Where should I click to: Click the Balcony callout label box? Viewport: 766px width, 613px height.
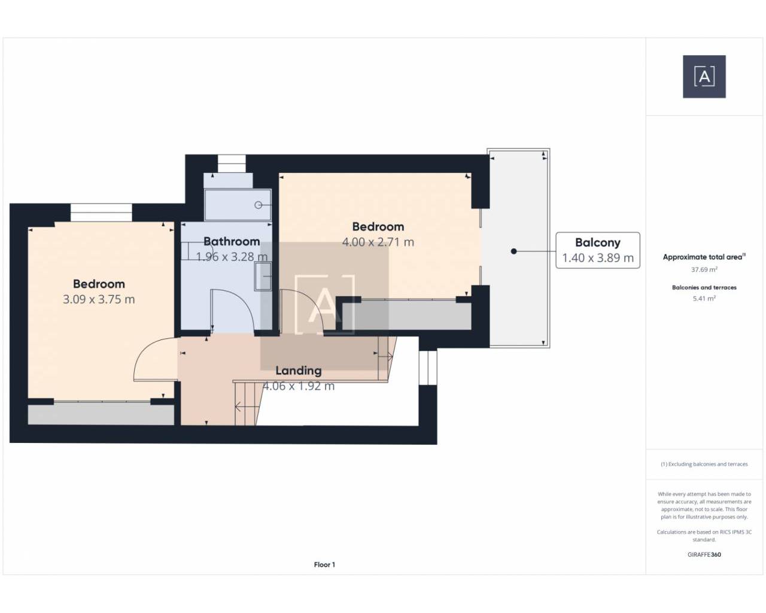[x=598, y=250]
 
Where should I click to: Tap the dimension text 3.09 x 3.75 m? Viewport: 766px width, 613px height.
[x=99, y=299]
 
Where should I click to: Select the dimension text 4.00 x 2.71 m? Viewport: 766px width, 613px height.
[x=378, y=242]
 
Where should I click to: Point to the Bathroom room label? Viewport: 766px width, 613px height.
[x=232, y=241]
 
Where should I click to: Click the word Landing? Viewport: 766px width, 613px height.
[x=299, y=371]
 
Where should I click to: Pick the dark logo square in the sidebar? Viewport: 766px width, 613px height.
[x=704, y=77]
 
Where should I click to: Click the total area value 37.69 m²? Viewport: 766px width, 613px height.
[x=704, y=269]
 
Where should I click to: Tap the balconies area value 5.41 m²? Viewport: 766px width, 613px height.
[x=704, y=299]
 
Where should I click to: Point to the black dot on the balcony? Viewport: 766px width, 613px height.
[x=513, y=251]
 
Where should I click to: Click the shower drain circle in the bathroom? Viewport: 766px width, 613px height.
[x=259, y=205]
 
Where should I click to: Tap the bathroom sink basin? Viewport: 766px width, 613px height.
[x=263, y=277]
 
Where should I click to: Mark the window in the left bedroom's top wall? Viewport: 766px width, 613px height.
[x=101, y=213]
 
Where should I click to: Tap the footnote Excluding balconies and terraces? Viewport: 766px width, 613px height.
[x=704, y=464]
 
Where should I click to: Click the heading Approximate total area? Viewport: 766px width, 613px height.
[x=704, y=257]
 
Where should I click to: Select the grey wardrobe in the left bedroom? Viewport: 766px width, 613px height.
[x=101, y=414]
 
